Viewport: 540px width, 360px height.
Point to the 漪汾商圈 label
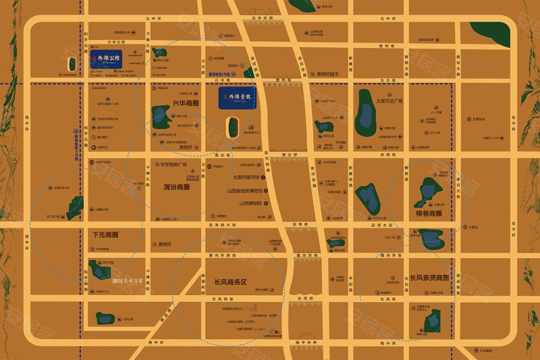[x=176, y=187]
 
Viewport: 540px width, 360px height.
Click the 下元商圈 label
[x=105, y=235]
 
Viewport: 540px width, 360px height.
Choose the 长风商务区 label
[x=231, y=282]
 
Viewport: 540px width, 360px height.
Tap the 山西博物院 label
[x=250, y=203]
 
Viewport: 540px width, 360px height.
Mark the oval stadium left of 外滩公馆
[x=72, y=64]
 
